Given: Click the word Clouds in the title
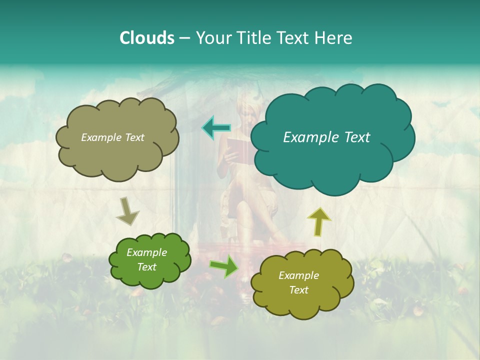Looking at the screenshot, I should (x=146, y=38).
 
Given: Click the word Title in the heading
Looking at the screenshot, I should (x=253, y=38).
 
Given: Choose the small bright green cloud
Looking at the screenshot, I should (x=150, y=260).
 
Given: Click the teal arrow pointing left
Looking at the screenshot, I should (x=216, y=127).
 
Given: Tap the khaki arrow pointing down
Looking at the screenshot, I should (x=127, y=211).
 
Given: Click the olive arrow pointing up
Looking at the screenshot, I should (x=318, y=221).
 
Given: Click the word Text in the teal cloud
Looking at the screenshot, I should (x=356, y=137).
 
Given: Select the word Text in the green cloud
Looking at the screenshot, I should (x=146, y=267).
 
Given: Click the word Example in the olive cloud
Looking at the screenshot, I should (x=298, y=275).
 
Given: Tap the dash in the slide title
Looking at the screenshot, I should (x=184, y=38).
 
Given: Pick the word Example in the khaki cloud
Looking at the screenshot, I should (x=101, y=137).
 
